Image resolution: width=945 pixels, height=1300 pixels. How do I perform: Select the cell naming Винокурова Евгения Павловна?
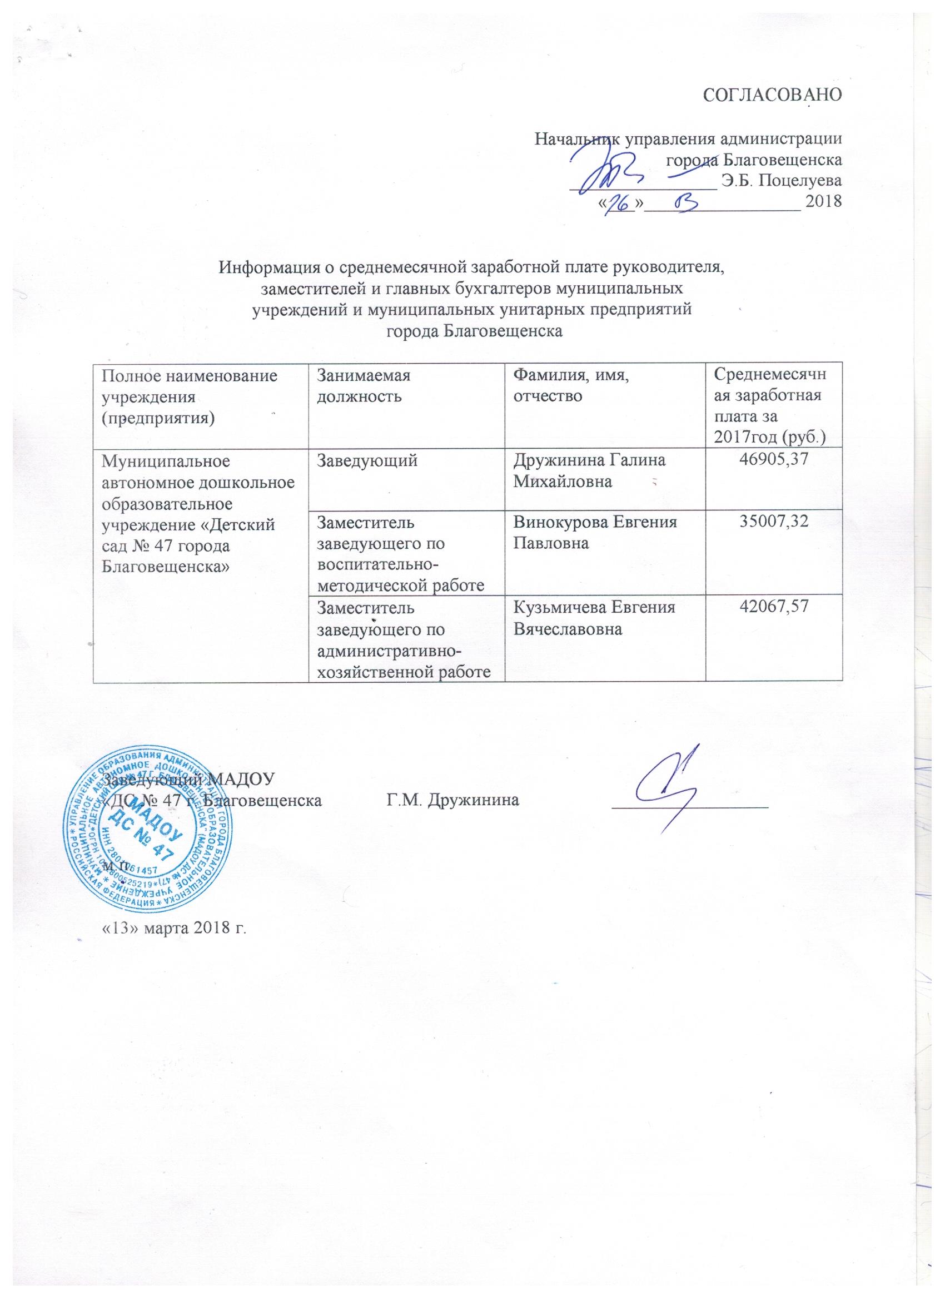[595, 534]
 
